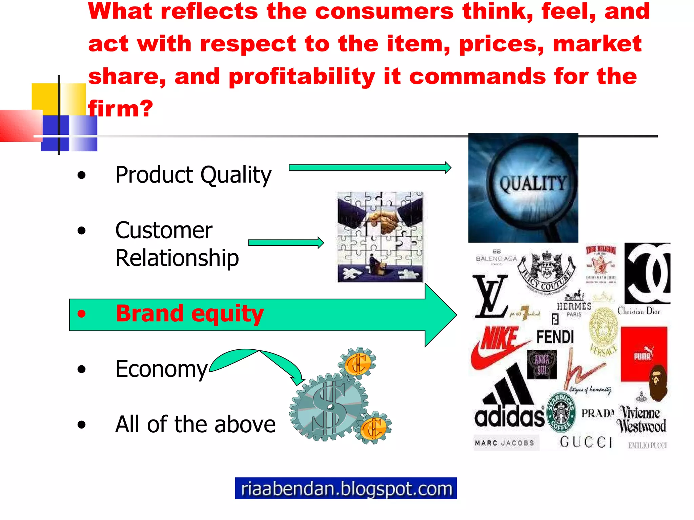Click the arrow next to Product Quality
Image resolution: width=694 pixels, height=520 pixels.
pos(369,168)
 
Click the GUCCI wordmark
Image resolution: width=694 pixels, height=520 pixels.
pos(586,442)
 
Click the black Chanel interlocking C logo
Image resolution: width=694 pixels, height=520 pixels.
pos(647,273)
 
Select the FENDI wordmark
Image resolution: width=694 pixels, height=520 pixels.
pos(555,337)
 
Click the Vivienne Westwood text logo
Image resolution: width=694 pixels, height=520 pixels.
pos(641,419)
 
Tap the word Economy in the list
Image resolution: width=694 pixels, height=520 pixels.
pos(161,369)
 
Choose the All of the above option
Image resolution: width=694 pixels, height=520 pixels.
pos(195,424)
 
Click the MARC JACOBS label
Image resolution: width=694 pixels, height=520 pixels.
pos(505,443)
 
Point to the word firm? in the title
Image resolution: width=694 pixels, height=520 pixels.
pos(121,109)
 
